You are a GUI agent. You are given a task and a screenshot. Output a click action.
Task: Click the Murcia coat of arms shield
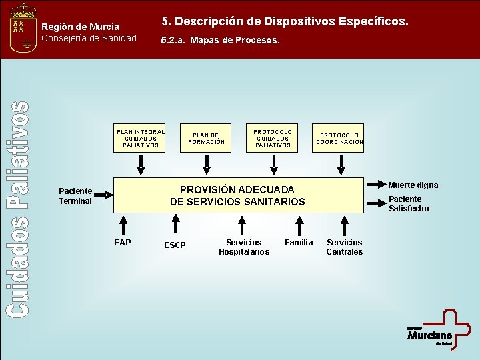[24, 30]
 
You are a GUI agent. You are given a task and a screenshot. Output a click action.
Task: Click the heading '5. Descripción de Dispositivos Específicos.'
[285, 22]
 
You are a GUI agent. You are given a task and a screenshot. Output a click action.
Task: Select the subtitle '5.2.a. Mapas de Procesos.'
[221, 41]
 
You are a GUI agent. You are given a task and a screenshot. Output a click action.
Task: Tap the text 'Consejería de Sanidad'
[89, 38]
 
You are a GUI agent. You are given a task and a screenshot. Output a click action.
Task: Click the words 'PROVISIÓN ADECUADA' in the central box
[237, 190]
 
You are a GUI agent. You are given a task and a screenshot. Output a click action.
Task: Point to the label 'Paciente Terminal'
[75, 196]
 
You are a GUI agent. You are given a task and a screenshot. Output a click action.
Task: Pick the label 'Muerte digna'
[413, 185]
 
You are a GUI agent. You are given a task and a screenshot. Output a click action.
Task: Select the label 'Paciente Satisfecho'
[409, 204]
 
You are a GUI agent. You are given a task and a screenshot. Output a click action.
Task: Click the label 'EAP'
[123, 243]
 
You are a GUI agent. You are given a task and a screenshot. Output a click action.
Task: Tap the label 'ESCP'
[175, 245]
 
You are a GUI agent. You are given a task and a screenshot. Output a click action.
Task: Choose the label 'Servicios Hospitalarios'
[244, 247]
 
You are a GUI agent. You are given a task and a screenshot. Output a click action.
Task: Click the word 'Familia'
[299, 243]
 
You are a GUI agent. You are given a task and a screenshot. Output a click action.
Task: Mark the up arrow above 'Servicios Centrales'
[344, 224]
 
